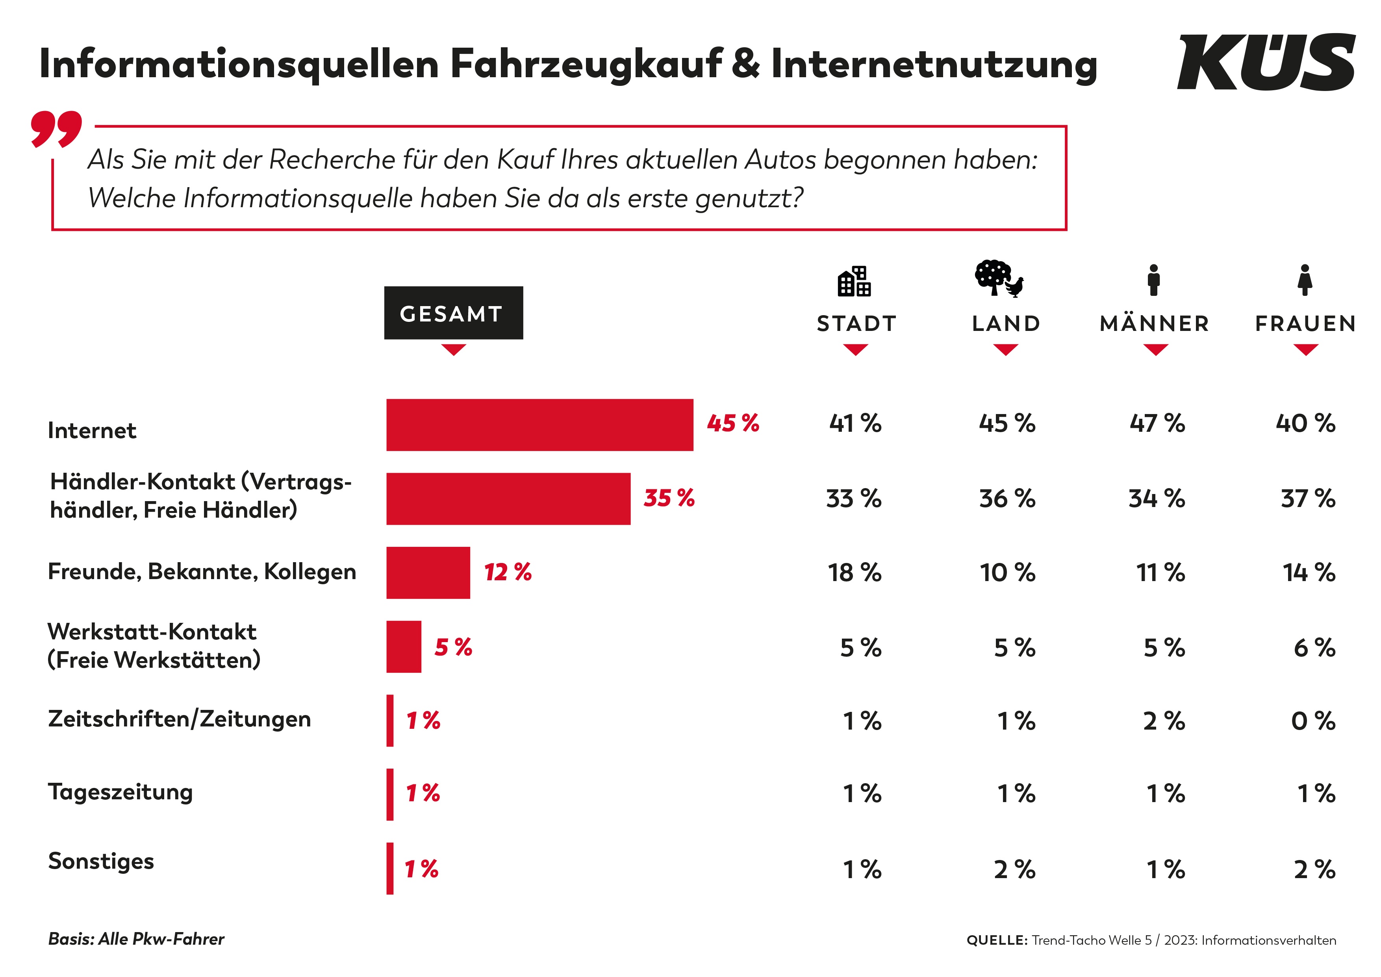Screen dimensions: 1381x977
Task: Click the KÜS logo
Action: coord(1266,62)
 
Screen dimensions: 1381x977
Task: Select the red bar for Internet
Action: coord(539,425)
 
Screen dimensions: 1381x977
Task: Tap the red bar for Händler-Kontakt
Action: coord(508,499)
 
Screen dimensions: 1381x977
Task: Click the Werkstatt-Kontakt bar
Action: coord(404,647)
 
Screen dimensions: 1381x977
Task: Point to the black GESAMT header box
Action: coord(454,313)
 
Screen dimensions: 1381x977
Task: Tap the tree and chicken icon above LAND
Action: coord(999,279)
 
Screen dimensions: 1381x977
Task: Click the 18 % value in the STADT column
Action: coord(855,573)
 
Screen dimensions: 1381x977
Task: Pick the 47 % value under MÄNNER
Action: coord(1157,423)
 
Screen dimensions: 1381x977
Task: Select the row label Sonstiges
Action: coord(101,862)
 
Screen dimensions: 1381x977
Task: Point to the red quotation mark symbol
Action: coord(57,129)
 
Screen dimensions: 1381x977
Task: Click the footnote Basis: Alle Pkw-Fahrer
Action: coord(136,939)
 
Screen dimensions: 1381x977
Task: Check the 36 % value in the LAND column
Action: coord(1007,499)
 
